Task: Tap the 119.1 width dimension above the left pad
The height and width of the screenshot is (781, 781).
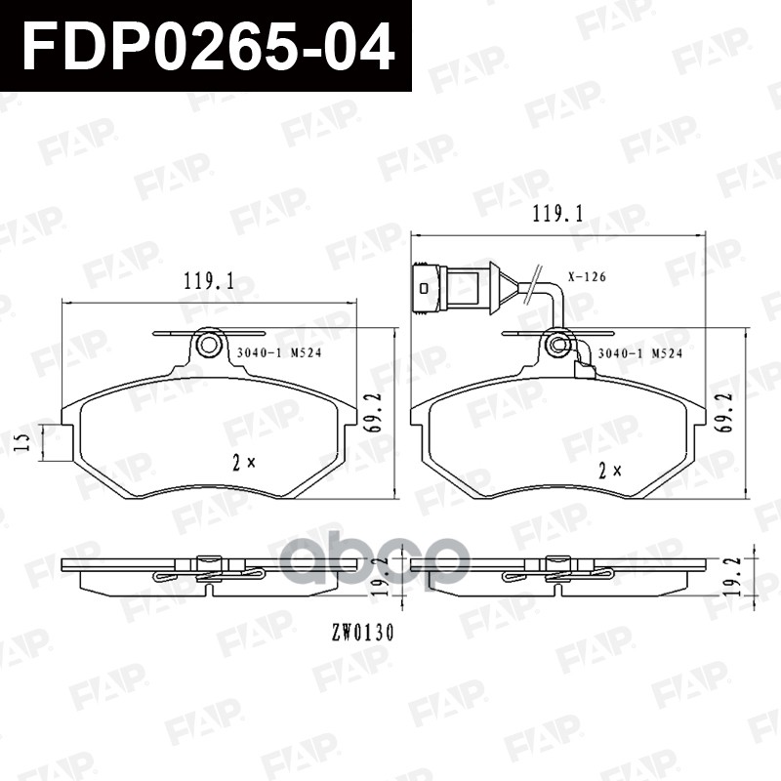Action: pyautogui.click(x=208, y=282)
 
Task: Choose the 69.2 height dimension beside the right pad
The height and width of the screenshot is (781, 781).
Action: pyautogui.click(x=724, y=411)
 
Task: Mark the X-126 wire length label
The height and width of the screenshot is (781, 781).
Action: pyautogui.click(x=587, y=277)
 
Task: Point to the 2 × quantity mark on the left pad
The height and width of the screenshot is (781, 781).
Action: pyautogui.click(x=243, y=461)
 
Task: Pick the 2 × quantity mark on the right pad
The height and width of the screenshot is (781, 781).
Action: pyautogui.click(x=611, y=470)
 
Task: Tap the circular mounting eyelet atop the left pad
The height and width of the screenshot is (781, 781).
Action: pyautogui.click(x=207, y=346)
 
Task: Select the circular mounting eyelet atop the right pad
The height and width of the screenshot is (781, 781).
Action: pyautogui.click(x=558, y=345)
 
